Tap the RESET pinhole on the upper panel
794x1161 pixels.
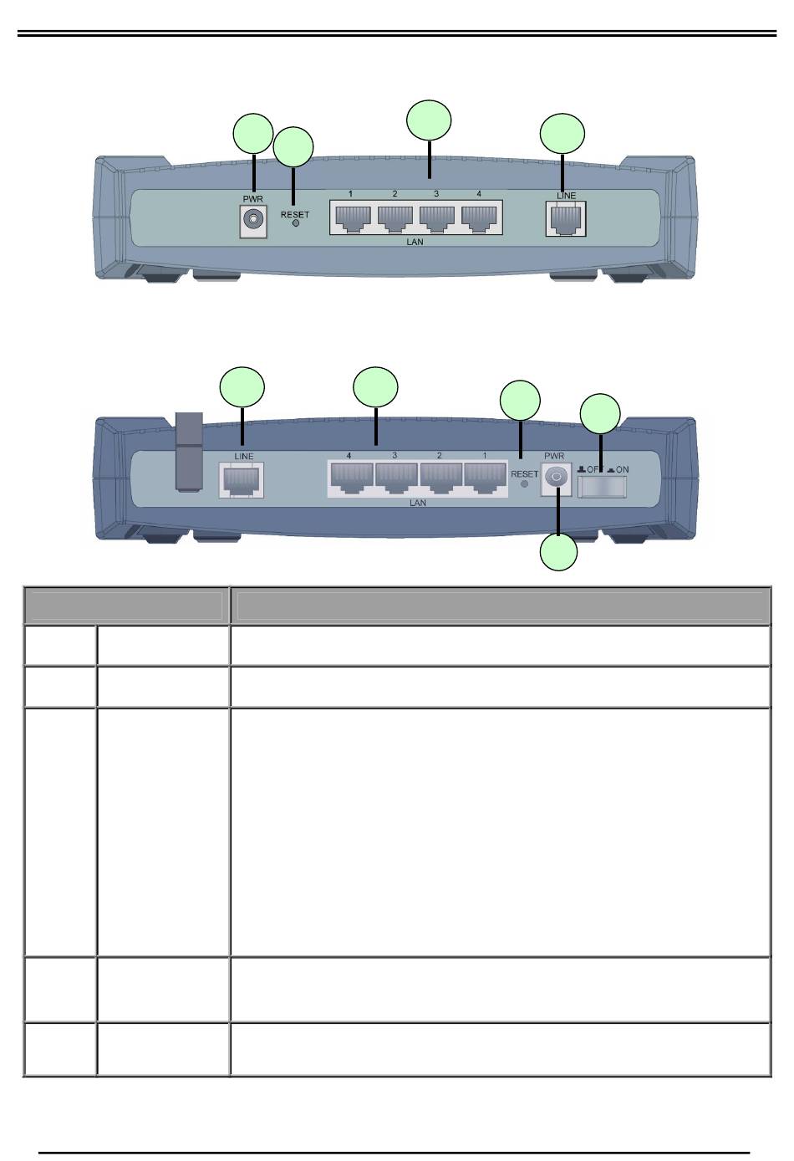[296, 224]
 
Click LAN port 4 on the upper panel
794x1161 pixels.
[480, 217]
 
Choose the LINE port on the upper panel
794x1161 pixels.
[565, 220]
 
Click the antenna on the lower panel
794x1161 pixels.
[186, 452]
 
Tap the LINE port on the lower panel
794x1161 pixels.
[241, 482]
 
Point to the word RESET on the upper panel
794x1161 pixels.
[295, 214]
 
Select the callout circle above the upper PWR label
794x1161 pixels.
[252, 134]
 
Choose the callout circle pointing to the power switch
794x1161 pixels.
[600, 413]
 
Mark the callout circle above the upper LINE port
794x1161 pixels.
[562, 135]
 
